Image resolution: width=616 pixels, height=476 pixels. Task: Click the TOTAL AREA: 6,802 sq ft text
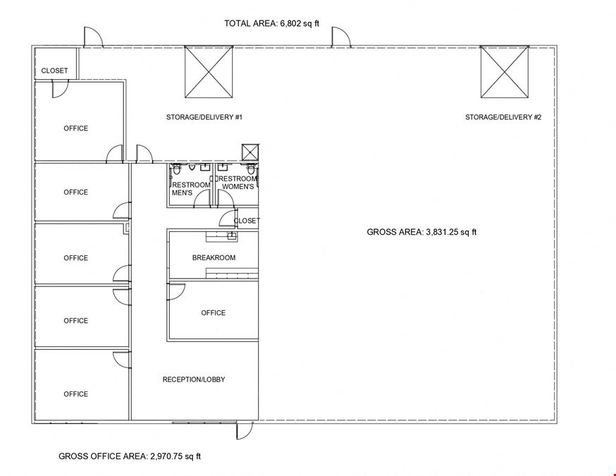(271, 23)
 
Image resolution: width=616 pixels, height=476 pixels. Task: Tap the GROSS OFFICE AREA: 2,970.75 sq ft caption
(130, 456)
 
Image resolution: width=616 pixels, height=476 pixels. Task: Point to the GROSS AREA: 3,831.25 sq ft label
(421, 232)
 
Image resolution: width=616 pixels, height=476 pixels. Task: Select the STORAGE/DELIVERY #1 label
(204, 117)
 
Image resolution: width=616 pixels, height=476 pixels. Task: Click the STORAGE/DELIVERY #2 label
(503, 117)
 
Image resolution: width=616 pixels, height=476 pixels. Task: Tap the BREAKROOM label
(214, 258)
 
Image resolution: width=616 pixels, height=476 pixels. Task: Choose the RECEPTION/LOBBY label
(194, 379)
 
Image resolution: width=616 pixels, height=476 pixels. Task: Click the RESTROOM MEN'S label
(191, 189)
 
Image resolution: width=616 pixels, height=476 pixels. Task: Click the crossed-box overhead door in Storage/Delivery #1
(209, 72)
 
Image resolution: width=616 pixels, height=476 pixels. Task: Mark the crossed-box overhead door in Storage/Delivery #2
(505, 72)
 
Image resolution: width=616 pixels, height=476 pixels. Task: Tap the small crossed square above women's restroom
(250, 152)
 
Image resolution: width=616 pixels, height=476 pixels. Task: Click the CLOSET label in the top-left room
(54, 71)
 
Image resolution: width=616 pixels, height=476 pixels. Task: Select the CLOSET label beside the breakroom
(247, 221)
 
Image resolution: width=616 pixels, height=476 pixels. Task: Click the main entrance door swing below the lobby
(245, 430)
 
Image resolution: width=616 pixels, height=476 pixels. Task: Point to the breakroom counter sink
(232, 236)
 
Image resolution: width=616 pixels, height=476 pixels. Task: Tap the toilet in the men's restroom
(177, 170)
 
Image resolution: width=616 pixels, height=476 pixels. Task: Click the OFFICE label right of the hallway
(214, 313)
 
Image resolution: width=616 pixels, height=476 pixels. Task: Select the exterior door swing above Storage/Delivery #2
(341, 37)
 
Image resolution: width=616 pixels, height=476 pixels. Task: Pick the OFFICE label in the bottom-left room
(76, 394)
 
